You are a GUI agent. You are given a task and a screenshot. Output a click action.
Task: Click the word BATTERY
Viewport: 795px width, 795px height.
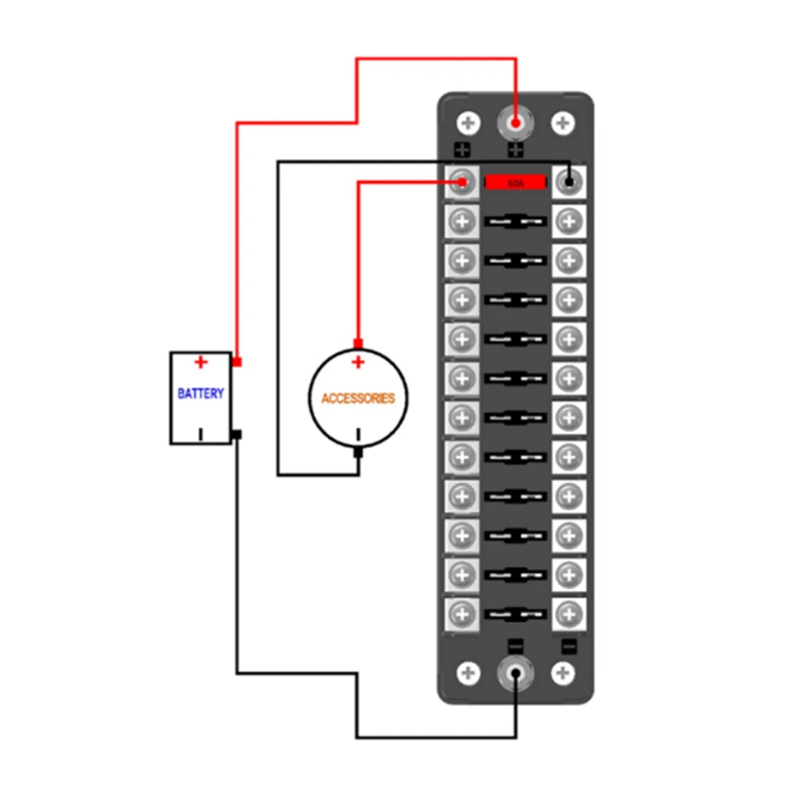point(201,394)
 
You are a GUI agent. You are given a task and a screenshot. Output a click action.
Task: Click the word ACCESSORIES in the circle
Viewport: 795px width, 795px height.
point(358,398)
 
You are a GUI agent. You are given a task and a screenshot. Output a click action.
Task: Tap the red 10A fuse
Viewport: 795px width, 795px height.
point(515,182)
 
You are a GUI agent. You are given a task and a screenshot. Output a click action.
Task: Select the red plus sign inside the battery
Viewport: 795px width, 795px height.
point(201,362)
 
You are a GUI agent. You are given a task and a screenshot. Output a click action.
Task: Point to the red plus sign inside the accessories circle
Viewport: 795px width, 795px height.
point(358,362)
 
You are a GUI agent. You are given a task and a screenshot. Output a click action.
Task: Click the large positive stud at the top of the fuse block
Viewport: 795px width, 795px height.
point(515,123)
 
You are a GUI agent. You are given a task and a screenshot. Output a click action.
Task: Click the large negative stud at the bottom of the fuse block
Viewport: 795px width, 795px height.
point(515,673)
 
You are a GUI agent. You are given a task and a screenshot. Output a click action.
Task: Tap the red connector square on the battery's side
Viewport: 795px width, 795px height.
point(237,362)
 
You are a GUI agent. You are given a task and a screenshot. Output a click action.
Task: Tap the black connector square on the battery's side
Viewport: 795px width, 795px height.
point(237,435)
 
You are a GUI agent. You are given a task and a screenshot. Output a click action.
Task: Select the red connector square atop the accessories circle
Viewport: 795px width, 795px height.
point(358,343)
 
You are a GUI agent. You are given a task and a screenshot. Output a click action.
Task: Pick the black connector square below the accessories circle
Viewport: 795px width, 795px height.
point(358,453)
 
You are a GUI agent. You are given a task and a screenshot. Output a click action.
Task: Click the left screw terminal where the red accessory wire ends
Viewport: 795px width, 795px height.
point(462,182)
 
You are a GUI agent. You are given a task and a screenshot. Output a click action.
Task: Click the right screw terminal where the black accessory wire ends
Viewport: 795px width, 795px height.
point(568,181)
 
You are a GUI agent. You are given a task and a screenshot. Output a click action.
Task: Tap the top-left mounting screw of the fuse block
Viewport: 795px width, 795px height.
point(469,123)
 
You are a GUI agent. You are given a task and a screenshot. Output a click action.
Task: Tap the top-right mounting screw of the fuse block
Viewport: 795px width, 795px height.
point(562,123)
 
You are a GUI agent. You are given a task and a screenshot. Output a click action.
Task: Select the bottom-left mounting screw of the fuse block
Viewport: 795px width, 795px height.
point(469,673)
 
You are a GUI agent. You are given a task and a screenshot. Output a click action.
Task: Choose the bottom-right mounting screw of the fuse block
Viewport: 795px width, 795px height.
point(562,673)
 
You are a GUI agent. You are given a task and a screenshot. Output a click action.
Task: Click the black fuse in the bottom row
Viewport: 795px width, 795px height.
point(515,614)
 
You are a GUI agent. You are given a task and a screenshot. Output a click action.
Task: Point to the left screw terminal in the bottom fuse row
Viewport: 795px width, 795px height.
point(462,614)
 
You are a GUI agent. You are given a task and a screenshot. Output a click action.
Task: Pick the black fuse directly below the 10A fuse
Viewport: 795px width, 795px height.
point(515,221)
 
